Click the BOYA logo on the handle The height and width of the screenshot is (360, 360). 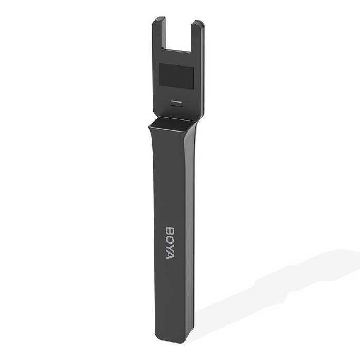point(170,243)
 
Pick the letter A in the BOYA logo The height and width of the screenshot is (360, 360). point(170,255)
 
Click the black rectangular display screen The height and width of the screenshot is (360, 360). point(176,77)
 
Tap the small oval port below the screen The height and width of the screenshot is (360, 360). point(176,103)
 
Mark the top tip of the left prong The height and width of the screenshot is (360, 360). point(160,17)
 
